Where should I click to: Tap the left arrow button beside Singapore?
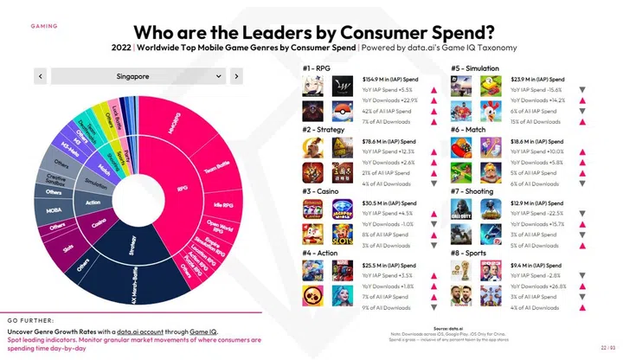(40, 77)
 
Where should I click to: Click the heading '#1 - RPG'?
(316, 67)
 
